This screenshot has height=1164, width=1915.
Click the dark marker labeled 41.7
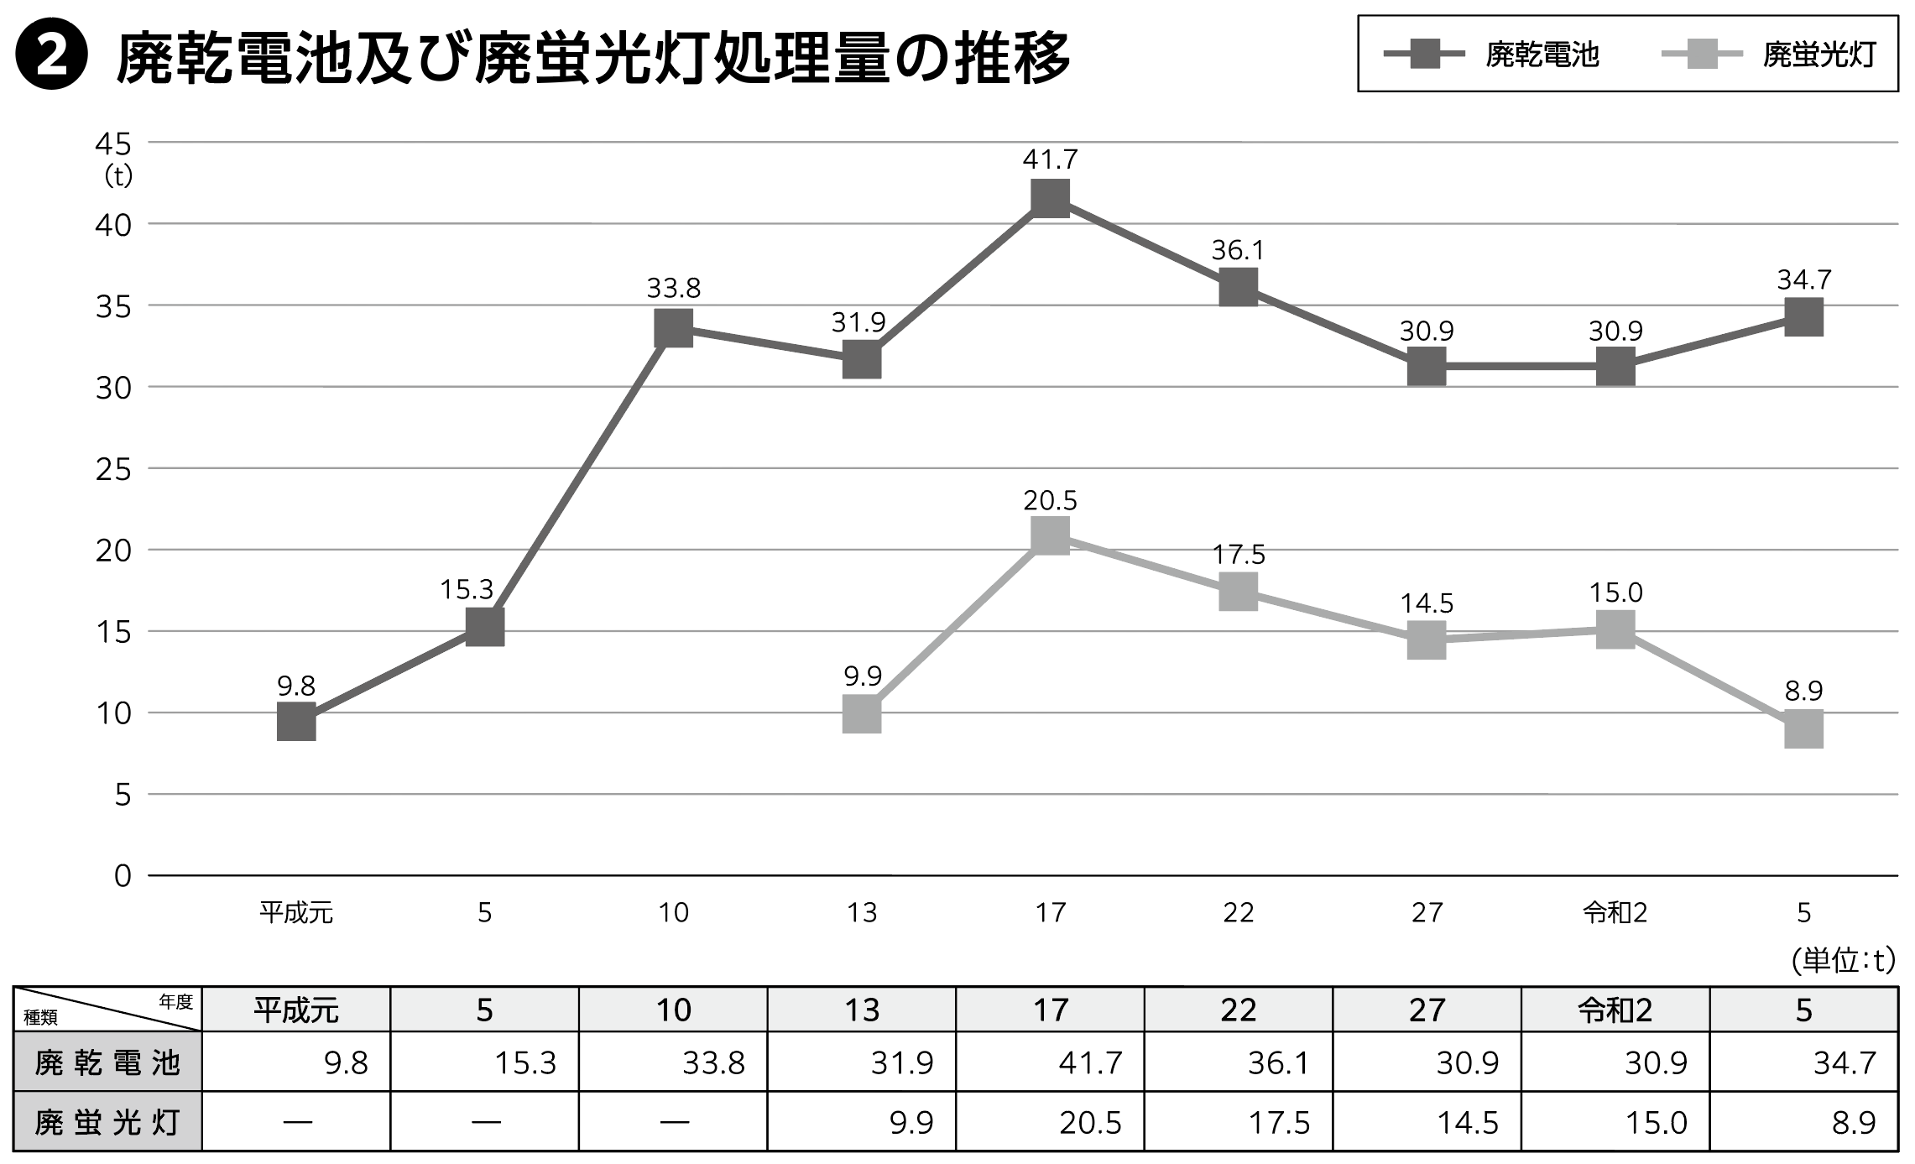pyautogui.click(x=1050, y=198)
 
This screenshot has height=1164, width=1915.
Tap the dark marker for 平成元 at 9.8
pyautogui.click(x=296, y=721)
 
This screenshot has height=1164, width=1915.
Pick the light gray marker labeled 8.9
pyautogui.click(x=1803, y=728)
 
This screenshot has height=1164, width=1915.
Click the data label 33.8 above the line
pyautogui.click(x=673, y=289)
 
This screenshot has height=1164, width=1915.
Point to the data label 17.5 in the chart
pyautogui.click(x=1239, y=555)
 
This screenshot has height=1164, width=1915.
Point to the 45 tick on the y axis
pyautogui.click(x=114, y=144)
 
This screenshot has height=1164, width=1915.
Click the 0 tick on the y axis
pyautogui.click(x=123, y=875)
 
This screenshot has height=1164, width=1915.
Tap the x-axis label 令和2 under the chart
pyautogui.click(x=1615, y=912)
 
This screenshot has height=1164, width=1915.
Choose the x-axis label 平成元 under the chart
pyautogui.click(x=296, y=912)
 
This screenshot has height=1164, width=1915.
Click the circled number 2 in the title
pyautogui.click(x=52, y=55)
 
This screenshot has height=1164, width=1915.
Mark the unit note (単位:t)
pyautogui.click(x=1843, y=960)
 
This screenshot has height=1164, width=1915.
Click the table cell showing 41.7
pyautogui.click(x=1090, y=1063)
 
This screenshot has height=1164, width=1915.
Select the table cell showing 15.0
pyautogui.click(x=1656, y=1122)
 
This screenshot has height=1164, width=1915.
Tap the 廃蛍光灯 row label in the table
pyautogui.click(x=107, y=1122)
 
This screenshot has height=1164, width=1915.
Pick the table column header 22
pyautogui.click(x=1238, y=1010)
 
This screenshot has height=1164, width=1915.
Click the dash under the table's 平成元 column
pyautogui.click(x=298, y=1122)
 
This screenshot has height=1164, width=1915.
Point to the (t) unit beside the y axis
pyautogui.click(x=118, y=177)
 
